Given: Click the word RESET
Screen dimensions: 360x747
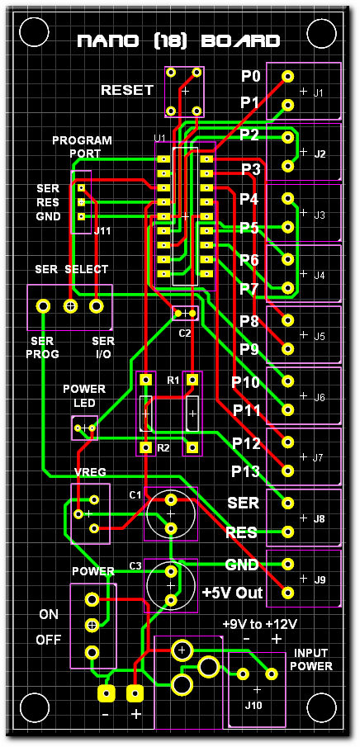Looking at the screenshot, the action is (127, 90).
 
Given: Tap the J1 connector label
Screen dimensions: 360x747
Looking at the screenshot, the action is (319, 93).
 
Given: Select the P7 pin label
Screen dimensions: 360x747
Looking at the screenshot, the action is (249, 289).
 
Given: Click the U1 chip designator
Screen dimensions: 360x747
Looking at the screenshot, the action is (159, 138).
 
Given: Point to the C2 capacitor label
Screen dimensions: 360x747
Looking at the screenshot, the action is (184, 333).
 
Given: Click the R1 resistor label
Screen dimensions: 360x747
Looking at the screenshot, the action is (173, 381).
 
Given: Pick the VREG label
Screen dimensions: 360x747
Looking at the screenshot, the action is (90, 472).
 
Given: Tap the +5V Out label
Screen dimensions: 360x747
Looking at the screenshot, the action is (233, 593).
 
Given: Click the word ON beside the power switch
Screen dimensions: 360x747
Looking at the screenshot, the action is (49, 615).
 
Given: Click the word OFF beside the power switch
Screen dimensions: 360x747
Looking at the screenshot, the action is (49, 641).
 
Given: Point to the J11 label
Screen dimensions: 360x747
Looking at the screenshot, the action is (102, 232).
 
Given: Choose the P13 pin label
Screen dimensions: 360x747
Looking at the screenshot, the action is (245, 471).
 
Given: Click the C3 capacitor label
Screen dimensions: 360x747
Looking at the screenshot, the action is (135, 566).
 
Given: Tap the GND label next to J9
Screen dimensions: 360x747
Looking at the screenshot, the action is (242, 565).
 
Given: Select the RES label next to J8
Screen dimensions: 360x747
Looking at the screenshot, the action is (242, 532).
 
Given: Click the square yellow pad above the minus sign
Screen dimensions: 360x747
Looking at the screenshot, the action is (107, 693).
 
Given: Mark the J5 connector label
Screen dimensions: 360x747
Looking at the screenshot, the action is (319, 337).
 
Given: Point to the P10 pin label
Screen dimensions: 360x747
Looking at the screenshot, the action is (245, 382).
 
